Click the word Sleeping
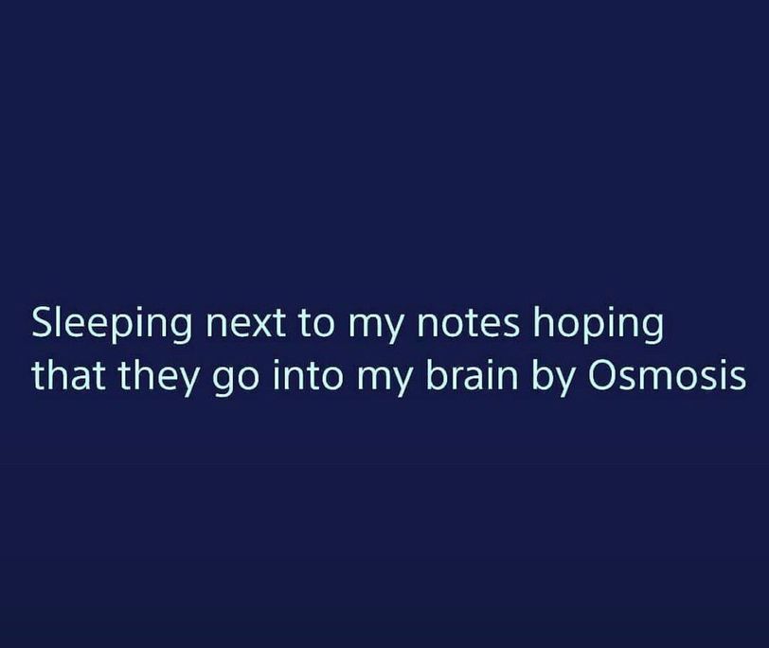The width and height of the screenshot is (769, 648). (x=113, y=324)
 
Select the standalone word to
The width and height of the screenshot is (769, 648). (x=316, y=324)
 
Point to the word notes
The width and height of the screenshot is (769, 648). (x=468, y=324)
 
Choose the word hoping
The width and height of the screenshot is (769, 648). (x=599, y=325)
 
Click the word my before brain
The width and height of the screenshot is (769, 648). (x=386, y=381)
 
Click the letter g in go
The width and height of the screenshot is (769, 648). (x=222, y=382)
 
